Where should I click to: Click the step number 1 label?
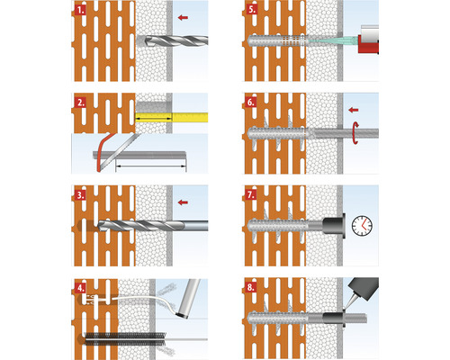(80, 10)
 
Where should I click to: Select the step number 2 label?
(80, 103)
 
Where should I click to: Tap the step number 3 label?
(80, 195)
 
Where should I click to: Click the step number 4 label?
(80, 288)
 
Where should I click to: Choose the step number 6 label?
(251, 103)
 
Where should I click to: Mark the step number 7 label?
(251, 194)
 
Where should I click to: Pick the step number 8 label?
(251, 287)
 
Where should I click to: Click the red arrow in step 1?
(183, 18)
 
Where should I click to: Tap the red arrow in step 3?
(183, 202)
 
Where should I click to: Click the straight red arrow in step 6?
(354, 110)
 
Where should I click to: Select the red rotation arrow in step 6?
(355, 133)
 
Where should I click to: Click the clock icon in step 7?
(362, 225)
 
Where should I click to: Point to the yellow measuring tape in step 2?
(171, 117)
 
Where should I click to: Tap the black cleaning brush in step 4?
(125, 338)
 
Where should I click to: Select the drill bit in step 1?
(173, 40)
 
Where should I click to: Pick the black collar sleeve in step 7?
(334, 226)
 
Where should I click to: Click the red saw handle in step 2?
(103, 152)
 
